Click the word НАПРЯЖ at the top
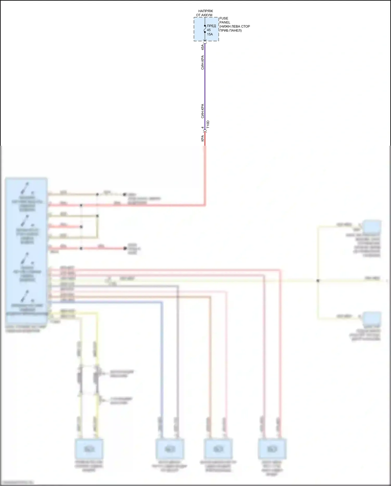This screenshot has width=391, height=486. (x=205, y=11)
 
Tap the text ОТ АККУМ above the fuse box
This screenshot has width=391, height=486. (x=204, y=15)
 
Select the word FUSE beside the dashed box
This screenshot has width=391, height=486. (x=224, y=18)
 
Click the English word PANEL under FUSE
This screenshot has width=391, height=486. (x=225, y=22)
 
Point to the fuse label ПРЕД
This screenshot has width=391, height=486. (x=211, y=26)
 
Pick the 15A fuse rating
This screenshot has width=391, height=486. (x=210, y=34)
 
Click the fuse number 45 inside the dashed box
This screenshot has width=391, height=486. (x=209, y=30)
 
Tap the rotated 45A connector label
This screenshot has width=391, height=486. (x=203, y=47)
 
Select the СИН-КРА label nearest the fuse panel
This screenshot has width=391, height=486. (x=203, y=62)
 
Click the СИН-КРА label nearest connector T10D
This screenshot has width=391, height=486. (x=203, y=111)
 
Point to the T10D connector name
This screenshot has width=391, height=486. (x=208, y=124)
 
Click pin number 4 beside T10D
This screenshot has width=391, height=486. (x=203, y=128)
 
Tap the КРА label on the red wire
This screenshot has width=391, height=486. (x=203, y=138)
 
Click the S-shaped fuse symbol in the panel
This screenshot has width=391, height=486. (x=205, y=29)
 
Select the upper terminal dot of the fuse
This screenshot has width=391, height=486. (x=205, y=26)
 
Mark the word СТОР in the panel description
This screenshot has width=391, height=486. (x=245, y=26)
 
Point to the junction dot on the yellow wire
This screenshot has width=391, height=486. (x=318, y=281)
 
